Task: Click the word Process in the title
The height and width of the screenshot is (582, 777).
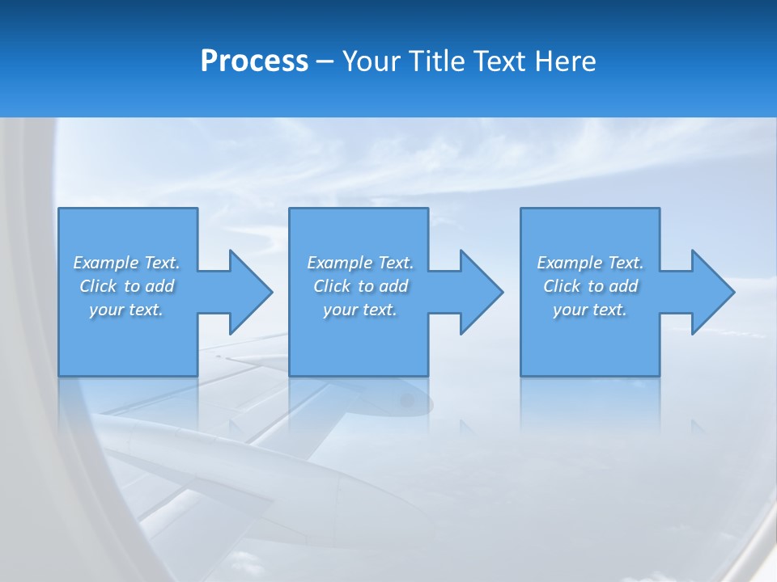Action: click(x=254, y=61)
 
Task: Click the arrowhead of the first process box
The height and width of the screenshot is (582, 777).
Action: click(x=249, y=292)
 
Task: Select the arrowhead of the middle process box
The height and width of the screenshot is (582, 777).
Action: click(x=481, y=292)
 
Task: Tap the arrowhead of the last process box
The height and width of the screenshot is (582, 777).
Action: click(x=712, y=292)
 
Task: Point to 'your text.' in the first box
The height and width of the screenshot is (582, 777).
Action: click(x=126, y=310)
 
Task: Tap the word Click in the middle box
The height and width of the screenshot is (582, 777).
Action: click(x=332, y=286)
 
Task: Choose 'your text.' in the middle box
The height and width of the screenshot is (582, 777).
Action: click(x=360, y=310)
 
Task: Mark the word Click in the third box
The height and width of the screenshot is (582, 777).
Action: click(x=562, y=286)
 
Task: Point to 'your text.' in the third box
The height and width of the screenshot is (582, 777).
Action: click(x=590, y=310)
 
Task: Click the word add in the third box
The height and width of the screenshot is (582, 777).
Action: click(x=624, y=286)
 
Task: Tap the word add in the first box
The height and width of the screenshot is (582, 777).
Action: click(x=160, y=286)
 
